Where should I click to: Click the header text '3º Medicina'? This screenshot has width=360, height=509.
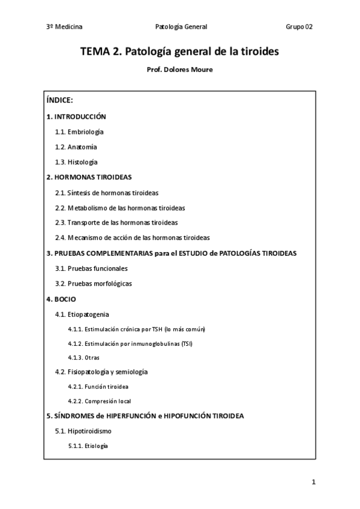tap(64, 26)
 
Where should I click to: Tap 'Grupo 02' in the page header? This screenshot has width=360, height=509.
tap(299, 26)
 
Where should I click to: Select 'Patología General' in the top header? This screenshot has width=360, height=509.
tap(181, 26)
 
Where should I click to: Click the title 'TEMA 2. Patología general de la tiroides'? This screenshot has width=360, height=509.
tap(180, 52)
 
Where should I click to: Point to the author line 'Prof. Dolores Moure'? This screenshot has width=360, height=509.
tap(179, 70)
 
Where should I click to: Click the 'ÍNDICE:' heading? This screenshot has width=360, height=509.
tap(59, 100)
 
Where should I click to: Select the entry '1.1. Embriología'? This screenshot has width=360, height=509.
tap(79, 131)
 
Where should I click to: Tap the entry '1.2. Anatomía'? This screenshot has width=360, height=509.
tap(76, 146)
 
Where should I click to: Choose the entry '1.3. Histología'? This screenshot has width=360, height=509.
tap(76, 162)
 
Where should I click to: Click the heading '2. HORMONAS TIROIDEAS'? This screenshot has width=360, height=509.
tap(89, 177)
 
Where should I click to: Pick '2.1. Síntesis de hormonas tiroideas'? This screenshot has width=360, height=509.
tap(107, 193)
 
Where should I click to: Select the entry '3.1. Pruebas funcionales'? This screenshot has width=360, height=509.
tap(91, 268)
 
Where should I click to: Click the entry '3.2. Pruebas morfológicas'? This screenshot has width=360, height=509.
tap(93, 283)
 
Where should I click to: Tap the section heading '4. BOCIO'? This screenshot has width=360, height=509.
tap(61, 298)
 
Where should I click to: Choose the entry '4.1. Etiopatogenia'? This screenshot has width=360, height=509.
tap(82, 314)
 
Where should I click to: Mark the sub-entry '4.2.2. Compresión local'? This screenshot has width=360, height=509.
tap(100, 401)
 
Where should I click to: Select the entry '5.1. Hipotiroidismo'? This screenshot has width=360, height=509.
tap(83, 431)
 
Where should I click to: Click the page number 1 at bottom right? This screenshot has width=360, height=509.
tap(313, 482)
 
